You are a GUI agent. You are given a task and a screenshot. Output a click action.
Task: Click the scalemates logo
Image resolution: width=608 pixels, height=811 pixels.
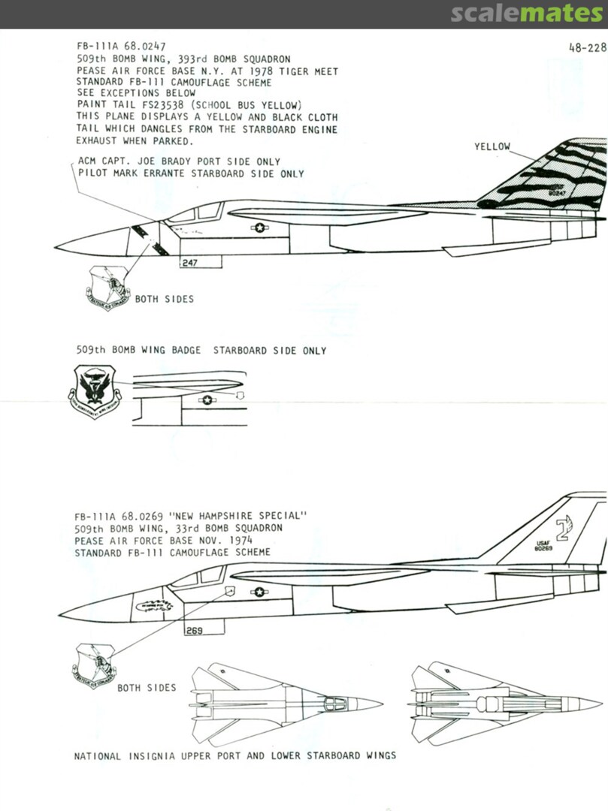pos(526,14)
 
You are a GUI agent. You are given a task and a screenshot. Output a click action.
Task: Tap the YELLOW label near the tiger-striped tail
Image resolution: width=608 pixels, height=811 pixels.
pos(492,146)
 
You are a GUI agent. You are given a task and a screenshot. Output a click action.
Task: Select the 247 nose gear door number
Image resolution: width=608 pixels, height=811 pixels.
pos(189,264)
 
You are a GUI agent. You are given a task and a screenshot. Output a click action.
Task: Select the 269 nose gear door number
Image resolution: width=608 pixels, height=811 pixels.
pos(194,631)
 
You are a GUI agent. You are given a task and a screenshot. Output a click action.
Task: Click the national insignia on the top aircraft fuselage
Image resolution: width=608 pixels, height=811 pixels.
pos(259,227)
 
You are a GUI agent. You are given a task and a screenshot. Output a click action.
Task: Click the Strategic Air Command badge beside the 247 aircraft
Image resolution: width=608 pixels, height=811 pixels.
pos(108,289)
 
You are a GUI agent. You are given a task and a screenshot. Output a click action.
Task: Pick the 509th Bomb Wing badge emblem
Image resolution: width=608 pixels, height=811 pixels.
pos(95,390)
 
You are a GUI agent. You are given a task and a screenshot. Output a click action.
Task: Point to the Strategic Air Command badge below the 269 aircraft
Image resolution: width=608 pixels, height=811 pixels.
pos(94,665)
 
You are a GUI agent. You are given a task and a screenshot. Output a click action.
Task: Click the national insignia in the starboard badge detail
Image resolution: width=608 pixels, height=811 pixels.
pos(206,400)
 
